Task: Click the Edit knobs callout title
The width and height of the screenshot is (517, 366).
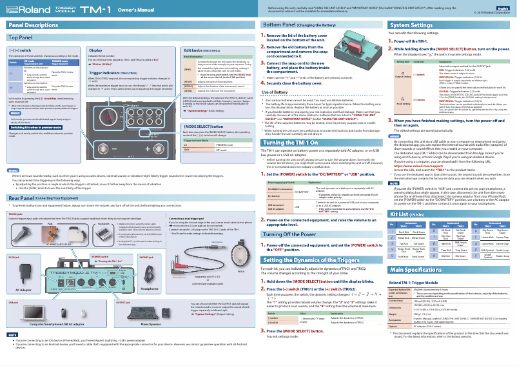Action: pyautogui.click(x=202, y=50)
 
